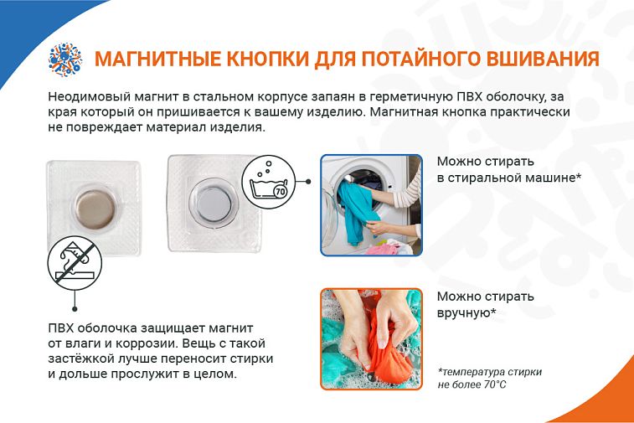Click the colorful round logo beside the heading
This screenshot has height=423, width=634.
point(65,59)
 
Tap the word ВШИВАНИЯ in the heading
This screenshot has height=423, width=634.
point(543,59)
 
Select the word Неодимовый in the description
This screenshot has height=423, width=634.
point(89,97)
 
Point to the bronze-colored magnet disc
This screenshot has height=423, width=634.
point(95,209)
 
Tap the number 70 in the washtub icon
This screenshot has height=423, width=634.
point(281,191)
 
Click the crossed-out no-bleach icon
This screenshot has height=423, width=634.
point(75,263)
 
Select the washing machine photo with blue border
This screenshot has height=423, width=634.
point(371,205)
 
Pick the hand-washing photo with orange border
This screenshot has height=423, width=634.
point(371,339)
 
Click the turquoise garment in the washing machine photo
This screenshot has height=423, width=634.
point(356,212)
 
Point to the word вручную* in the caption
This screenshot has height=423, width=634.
point(466,313)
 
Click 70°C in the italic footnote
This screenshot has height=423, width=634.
point(494,384)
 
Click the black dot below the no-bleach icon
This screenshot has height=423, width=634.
point(75,309)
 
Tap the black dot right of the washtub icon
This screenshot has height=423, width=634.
point(308,182)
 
